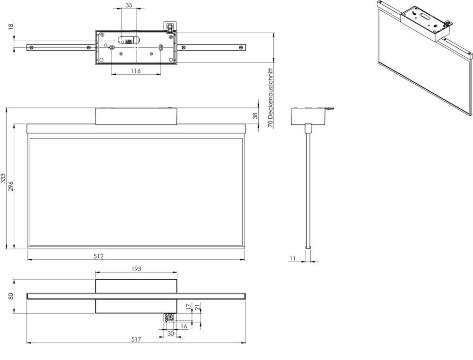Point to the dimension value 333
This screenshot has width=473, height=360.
(3, 178)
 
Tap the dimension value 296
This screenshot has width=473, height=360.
(11, 186)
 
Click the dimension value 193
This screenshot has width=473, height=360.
(136, 269)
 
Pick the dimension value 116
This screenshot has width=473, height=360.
(136, 70)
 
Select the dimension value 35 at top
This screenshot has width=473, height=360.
(128, 5)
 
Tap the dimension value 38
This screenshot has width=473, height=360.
(255, 115)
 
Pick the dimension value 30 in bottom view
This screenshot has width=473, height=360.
(170, 333)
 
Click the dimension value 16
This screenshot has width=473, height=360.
(184, 326)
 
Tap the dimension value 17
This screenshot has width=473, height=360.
(189, 307)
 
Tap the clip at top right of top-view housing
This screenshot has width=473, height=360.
(169, 26)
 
